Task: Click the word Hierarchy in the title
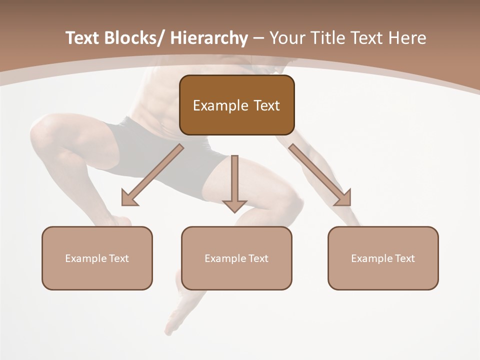coord(208,38)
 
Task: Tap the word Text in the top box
coord(266,105)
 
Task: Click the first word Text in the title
coord(83,38)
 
